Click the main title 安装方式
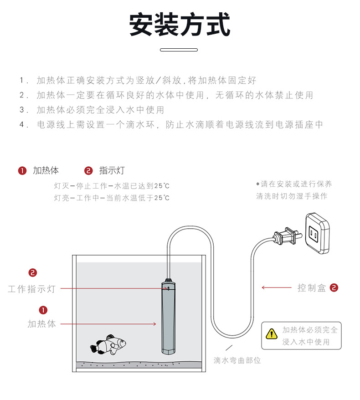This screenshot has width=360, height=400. coord(180,25)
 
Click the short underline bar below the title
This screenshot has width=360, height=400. coord(179,50)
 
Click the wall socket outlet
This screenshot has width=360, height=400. coord(317,233)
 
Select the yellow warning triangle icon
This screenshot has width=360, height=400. coord(272,334)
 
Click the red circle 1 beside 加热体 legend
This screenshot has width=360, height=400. coord(22,171)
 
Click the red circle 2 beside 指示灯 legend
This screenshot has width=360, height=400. coord(88,171)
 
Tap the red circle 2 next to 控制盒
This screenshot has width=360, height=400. coord(334,287)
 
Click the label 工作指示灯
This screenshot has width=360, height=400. coord(31,289)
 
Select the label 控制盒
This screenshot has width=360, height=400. coord(312,288)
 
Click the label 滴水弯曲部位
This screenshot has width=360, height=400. coord(237,360)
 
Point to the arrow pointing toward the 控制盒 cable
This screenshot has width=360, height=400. coord(276,287)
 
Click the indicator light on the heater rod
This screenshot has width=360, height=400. coord(167,288)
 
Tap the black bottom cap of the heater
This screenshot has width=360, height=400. coord(167,351)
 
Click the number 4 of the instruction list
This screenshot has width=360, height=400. coord(22,124)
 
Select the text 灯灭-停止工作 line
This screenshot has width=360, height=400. coord(112,186)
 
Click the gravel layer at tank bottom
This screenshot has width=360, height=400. coord(137,364)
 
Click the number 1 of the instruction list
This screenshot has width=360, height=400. coord(22,81)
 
